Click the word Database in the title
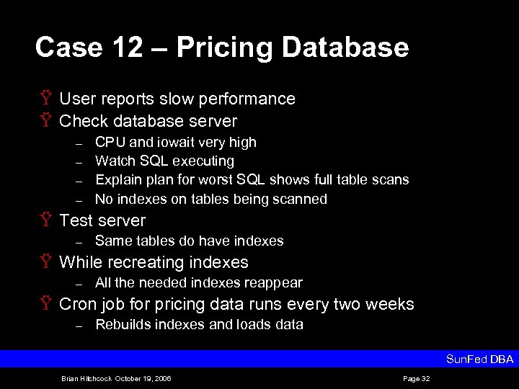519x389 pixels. [345, 48]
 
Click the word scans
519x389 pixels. [389, 179]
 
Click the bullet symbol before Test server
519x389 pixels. [45, 220]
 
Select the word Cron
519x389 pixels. [78, 304]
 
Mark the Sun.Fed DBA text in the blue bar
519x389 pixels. [479, 359]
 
